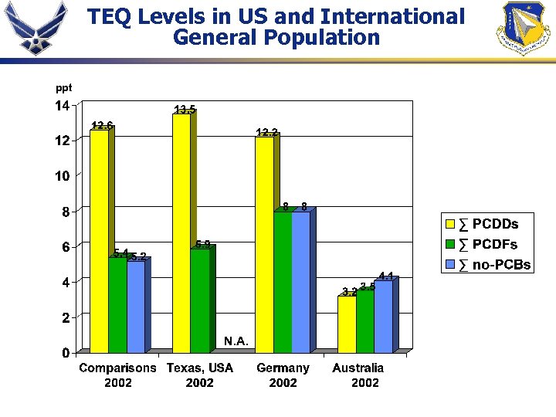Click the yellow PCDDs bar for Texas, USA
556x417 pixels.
point(181,232)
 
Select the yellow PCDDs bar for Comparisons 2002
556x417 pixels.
point(99,239)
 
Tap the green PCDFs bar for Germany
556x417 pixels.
point(283,282)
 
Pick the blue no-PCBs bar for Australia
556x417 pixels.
point(383,317)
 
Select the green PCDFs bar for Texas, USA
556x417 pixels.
point(199,301)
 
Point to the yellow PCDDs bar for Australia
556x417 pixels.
point(347,324)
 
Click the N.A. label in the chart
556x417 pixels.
point(236,341)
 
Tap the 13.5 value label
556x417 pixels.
point(184,110)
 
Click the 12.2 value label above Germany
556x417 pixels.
point(266,133)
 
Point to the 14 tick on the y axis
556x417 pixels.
point(61,105)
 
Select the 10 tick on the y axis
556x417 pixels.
point(61,176)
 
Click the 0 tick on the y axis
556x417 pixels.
point(65,353)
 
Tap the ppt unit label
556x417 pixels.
point(63,89)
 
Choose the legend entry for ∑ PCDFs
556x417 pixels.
point(486,245)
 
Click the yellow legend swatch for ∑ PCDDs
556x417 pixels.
point(450,225)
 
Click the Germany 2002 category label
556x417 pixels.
point(283,375)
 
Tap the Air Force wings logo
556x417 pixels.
point(32,29)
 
